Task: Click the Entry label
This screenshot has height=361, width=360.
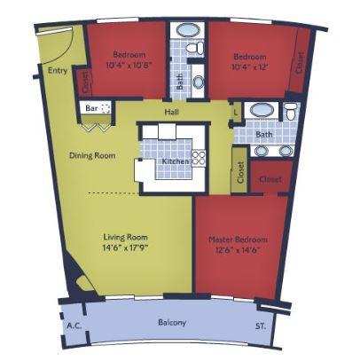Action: [x=59, y=72]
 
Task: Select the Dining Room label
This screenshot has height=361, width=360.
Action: [x=92, y=156]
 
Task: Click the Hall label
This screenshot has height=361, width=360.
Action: [x=172, y=114]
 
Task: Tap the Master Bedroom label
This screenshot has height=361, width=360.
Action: [x=238, y=240]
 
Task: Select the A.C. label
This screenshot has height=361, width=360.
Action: [x=74, y=326]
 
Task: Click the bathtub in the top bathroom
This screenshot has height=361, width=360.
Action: [x=187, y=30]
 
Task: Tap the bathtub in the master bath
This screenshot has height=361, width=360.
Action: [x=262, y=112]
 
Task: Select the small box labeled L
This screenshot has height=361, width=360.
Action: [x=236, y=113]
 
